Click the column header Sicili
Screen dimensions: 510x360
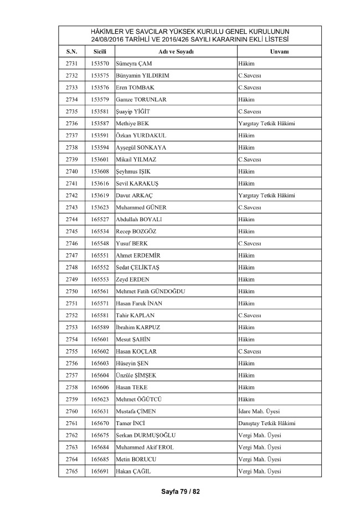point(100,51)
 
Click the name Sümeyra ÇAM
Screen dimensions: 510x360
point(132,63)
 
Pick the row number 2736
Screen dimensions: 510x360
point(71,123)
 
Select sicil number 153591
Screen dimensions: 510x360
point(100,135)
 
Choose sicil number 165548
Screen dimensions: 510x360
point(100,243)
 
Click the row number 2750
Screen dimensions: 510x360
point(71,291)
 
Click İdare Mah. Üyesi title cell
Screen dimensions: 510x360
point(259,411)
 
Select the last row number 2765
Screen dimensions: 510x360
point(71,471)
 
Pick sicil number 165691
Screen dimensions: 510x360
point(100,471)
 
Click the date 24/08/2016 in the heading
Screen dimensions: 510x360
point(104,39)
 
